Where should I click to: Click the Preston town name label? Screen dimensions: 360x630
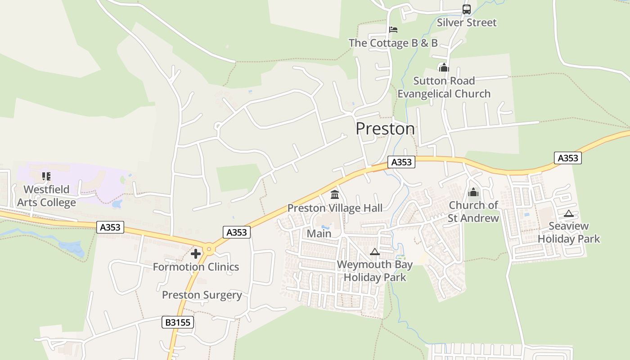385,129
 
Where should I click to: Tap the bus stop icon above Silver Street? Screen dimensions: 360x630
467,9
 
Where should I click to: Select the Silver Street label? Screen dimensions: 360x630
467,22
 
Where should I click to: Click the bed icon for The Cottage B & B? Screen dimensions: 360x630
393,30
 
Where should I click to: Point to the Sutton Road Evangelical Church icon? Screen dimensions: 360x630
444,67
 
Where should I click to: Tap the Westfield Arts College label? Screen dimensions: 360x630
46,196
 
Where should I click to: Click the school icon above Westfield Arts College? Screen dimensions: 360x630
46,176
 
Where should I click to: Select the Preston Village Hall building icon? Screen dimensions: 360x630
335,195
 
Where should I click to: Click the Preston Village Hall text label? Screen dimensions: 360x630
335,208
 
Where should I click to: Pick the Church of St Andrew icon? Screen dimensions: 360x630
473,193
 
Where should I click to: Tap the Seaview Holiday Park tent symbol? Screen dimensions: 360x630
569,213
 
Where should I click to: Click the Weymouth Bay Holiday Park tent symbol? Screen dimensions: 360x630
374,252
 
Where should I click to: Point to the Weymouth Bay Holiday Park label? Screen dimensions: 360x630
374,271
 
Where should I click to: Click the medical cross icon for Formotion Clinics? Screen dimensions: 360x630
196,254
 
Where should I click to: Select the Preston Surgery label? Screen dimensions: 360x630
202,295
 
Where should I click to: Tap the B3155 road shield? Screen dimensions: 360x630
178,322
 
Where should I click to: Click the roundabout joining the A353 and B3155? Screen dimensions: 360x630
209,249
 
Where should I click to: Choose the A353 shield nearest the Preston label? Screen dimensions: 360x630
401,162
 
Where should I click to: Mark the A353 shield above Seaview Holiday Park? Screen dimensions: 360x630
567,158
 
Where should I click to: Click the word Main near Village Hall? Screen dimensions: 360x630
319,234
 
